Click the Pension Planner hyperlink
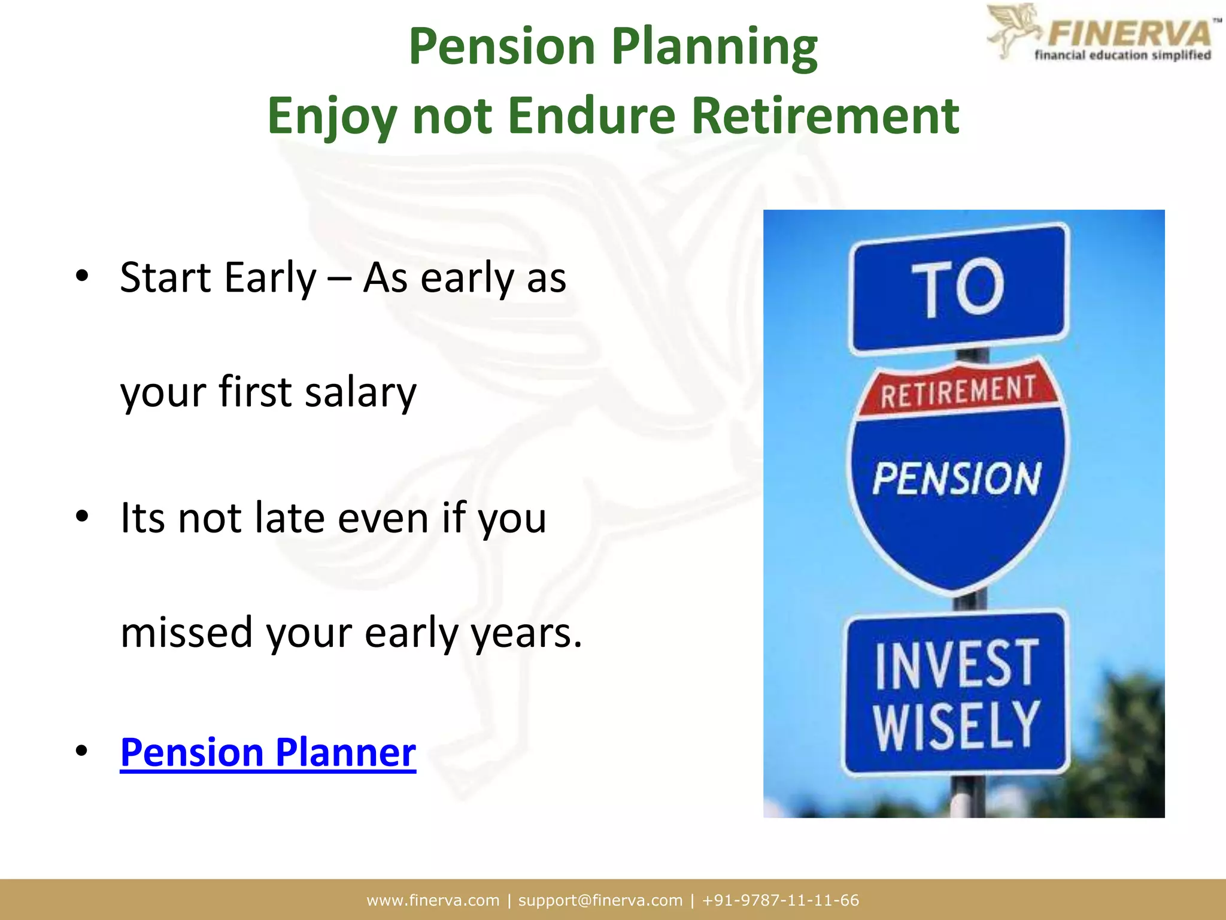pos(268,752)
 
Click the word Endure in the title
pos(591,115)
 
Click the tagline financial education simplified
pos(1122,56)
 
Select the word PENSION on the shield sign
pos(957,479)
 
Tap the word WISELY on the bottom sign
pos(957,726)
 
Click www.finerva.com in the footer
pos(433,900)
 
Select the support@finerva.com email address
pos(600,900)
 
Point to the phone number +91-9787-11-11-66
pos(781,900)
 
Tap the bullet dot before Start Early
pos(82,276)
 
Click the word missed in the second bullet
pos(186,632)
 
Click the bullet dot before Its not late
pos(82,516)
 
